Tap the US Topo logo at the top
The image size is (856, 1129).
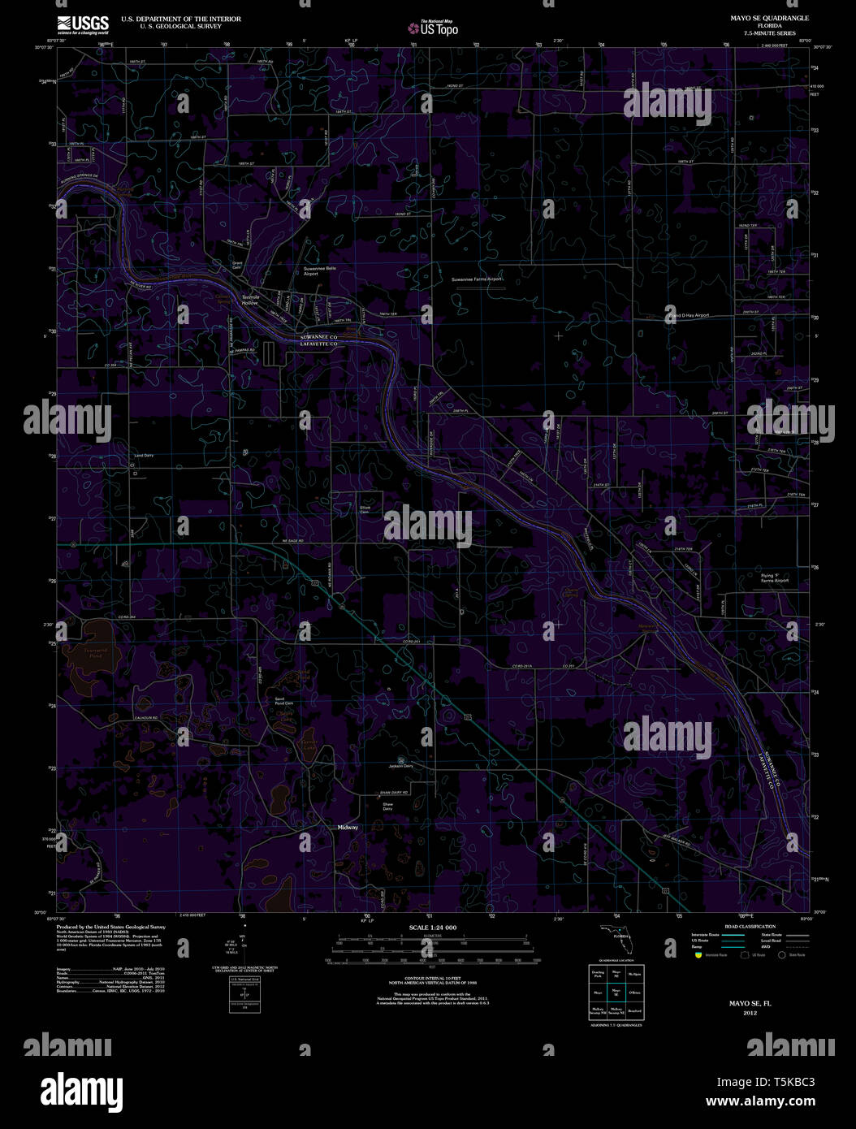coord(434,28)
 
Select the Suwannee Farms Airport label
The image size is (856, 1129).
coord(478,279)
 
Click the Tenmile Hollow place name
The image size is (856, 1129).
coord(249,299)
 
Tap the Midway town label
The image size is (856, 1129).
coord(348,827)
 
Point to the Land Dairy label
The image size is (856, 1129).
coord(144,456)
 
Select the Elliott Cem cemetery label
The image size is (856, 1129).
coord(365,509)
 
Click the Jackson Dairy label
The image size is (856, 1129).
coord(400,766)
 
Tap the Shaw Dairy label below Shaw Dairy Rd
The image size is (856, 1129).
coord(387,806)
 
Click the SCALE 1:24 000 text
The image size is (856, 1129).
coord(433,928)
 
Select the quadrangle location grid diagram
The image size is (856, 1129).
coord(615,992)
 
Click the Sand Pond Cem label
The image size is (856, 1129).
coord(283,702)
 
